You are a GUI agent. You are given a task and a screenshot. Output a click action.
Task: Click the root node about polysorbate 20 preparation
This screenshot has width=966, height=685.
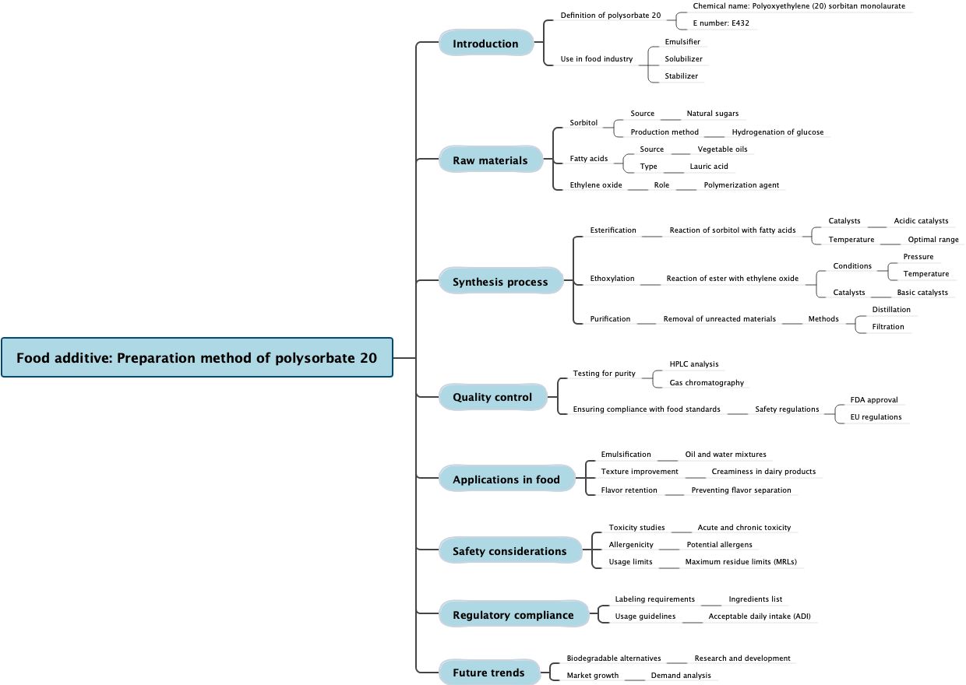click(x=197, y=358)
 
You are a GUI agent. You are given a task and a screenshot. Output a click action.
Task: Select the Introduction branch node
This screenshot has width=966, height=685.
click(x=485, y=44)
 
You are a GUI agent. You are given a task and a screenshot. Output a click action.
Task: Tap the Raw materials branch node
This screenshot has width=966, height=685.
click(x=490, y=160)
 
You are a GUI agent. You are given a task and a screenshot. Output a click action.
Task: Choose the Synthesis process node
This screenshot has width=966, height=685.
click(x=500, y=282)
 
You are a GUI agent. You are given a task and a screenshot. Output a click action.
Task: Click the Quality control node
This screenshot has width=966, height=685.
click(x=492, y=397)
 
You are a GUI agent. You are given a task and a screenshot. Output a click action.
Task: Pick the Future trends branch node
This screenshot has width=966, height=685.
click(x=488, y=673)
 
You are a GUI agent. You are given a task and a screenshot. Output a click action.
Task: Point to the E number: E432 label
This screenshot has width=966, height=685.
click(x=721, y=23)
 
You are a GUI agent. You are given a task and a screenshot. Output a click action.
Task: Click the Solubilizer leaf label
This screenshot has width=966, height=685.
click(x=683, y=59)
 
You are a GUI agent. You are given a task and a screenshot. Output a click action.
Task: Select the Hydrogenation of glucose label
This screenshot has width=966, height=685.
click(x=777, y=132)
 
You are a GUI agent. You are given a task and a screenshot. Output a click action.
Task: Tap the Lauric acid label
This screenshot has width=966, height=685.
click(x=709, y=167)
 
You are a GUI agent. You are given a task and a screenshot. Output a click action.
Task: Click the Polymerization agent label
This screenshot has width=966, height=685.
click(x=741, y=185)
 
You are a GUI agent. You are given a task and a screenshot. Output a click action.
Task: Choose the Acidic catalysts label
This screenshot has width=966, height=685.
click(x=921, y=221)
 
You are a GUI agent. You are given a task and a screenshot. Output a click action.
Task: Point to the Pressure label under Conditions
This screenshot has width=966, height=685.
click(x=918, y=257)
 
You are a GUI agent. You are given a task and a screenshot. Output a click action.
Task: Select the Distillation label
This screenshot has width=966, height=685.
click(x=890, y=310)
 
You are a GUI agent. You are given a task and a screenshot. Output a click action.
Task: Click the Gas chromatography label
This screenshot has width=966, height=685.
click(x=707, y=383)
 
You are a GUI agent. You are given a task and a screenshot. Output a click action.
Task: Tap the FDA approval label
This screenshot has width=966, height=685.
click(x=873, y=400)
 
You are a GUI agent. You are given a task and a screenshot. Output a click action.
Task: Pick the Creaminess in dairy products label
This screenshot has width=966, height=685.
click(x=763, y=472)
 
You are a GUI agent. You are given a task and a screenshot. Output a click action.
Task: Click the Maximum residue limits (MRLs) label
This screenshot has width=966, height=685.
click(x=740, y=562)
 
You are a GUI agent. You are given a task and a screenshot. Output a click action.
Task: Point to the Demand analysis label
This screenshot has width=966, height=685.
click(x=681, y=676)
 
